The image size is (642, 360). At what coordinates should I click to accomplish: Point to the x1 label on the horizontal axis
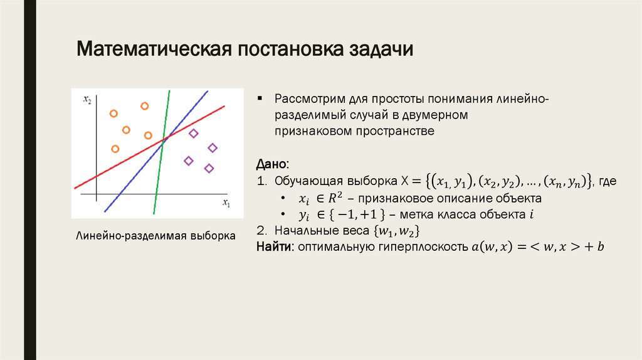coord(226,203)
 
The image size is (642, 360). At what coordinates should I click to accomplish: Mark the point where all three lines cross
coord(163,140)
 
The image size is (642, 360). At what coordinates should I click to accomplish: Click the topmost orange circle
coord(144,106)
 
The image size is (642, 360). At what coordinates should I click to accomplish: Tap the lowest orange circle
coord(115,149)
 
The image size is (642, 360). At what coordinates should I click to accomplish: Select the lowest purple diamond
coord(209,168)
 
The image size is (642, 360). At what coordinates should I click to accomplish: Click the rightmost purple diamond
coord(213,147)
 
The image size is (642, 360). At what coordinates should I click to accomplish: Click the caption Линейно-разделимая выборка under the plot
coord(155,237)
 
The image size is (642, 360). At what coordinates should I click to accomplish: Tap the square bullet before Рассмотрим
coord(260,100)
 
